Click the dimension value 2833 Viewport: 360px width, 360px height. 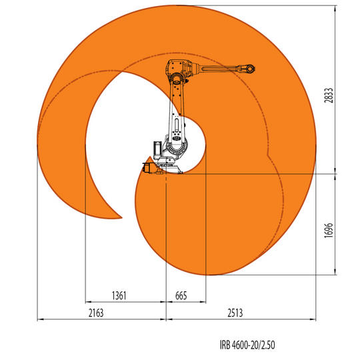pos(329,95)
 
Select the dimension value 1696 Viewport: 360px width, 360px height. pos(329,230)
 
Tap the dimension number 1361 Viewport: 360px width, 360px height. pos(119,295)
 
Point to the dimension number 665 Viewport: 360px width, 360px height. pos(181,295)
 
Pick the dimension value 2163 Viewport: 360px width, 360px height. pos(96,313)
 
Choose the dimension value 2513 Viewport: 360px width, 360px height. pos(235,313)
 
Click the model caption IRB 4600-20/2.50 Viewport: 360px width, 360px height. pos(247,345)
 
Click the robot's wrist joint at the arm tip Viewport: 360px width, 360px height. pos(250,69)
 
